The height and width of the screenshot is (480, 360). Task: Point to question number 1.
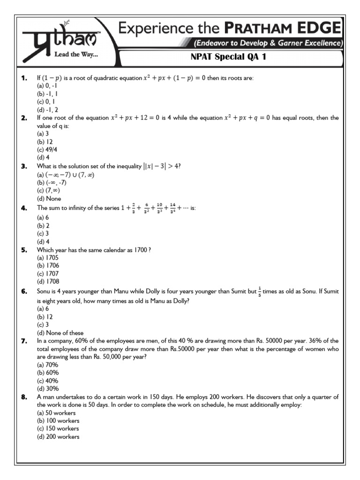point(24,78)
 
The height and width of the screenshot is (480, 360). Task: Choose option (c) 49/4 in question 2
point(48,150)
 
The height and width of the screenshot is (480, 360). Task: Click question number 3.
point(24,166)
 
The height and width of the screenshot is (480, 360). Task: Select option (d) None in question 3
point(50,198)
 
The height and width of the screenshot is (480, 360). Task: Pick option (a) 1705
point(48,257)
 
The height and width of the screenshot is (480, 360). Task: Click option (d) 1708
point(48,281)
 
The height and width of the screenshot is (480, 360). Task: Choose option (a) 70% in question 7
point(47,365)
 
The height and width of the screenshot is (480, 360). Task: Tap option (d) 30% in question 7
point(47,389)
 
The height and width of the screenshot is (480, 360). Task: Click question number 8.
point(24,397)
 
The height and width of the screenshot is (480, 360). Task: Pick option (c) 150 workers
point(58,428)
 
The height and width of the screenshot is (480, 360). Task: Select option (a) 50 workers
point(57,412)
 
